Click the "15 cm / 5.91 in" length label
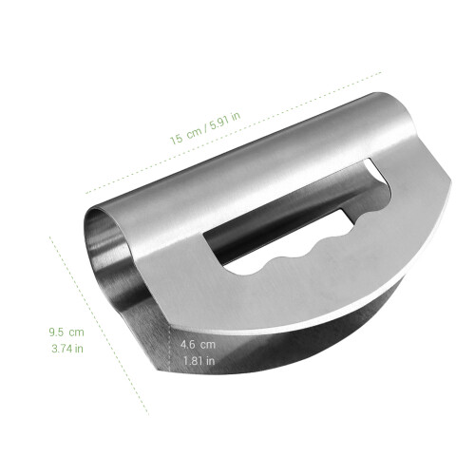205,128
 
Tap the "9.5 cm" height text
66,332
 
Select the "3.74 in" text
67,349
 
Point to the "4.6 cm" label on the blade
198,344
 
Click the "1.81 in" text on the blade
199,361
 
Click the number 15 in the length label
177,139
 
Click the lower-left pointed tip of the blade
154,369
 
